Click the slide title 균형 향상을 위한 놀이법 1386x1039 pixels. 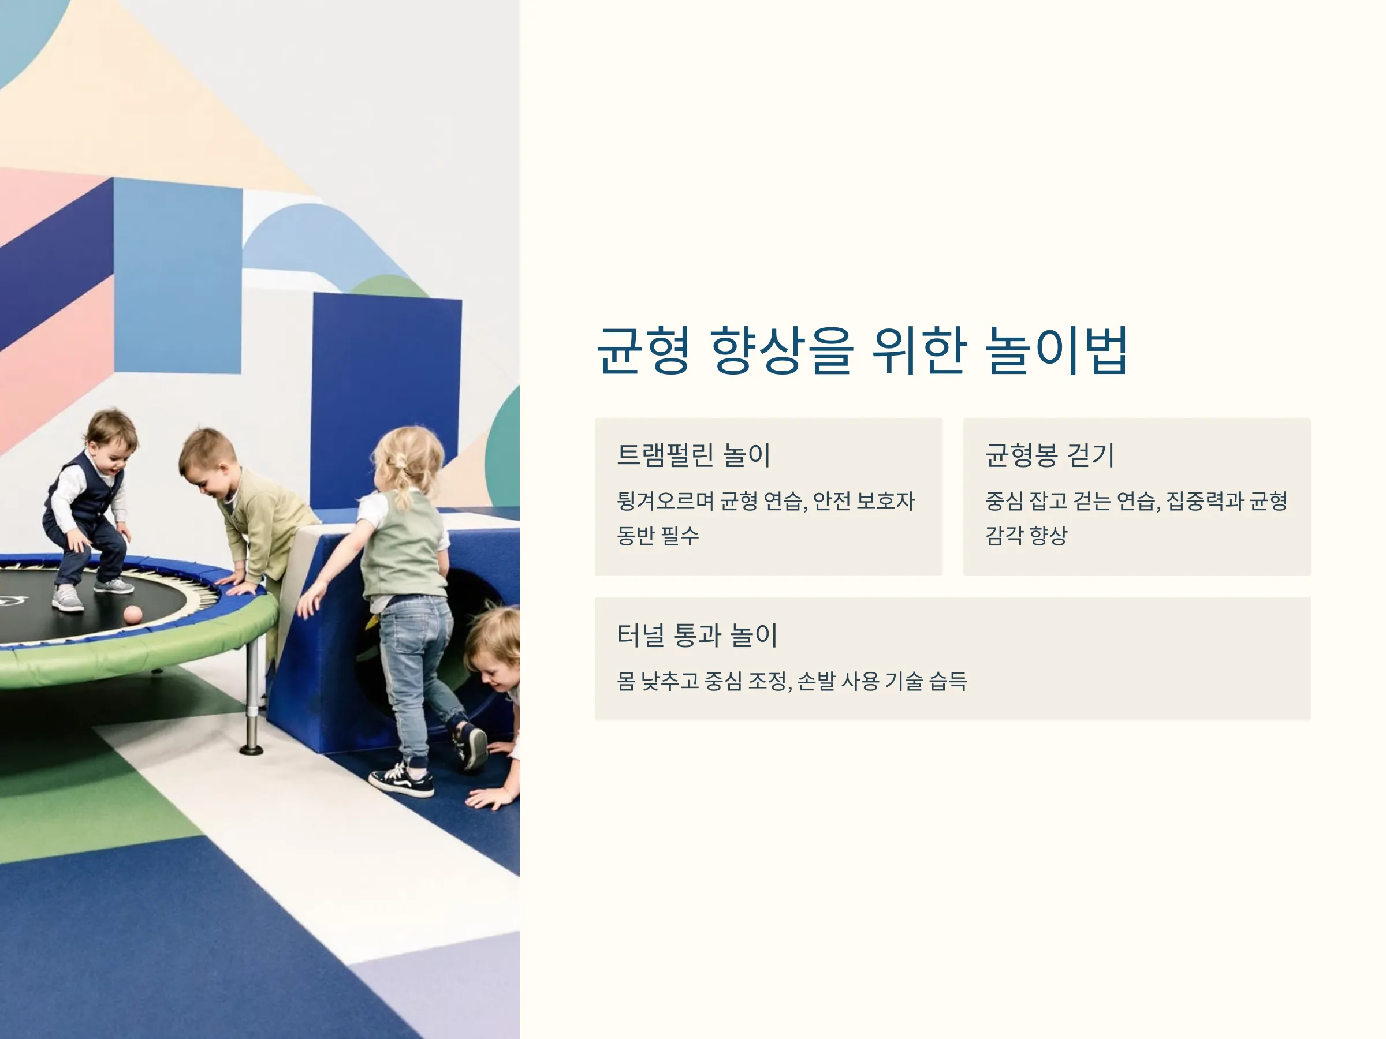[x=862, y=350]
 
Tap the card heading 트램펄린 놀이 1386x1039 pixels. [x=694, y=455]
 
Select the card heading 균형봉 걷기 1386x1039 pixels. [x=1049, y=455]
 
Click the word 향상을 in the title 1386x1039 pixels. [x=782, y=350]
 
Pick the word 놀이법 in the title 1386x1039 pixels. [x=1057, y=350]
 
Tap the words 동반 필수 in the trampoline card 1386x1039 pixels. [x=658, y=535]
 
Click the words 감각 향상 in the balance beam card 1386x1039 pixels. [x=1026, y=535]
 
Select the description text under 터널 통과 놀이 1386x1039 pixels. [x=792, y=681]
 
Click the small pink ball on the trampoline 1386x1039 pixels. [x=132, y=614]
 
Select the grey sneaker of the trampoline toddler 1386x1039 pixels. [x=68, y=599]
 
